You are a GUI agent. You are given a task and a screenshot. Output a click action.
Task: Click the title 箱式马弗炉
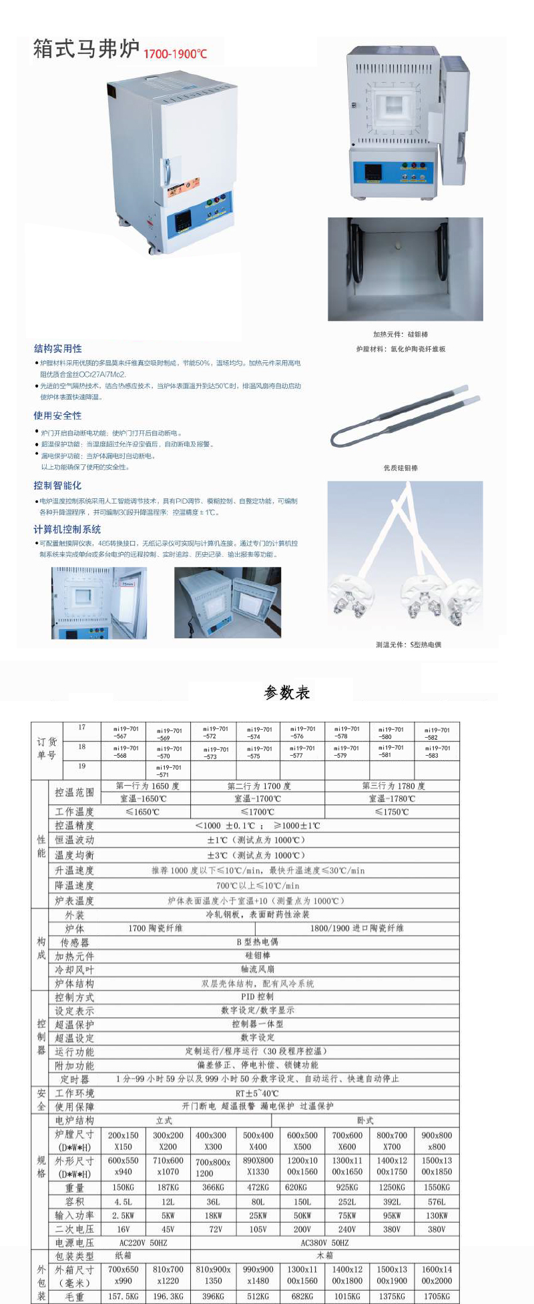pos(86,49)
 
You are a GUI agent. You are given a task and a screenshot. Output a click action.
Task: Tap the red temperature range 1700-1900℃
pos(176,53)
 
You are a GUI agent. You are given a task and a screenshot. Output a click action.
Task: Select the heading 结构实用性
pos(58,348)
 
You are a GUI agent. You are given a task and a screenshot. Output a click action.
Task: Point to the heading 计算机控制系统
pos(67,529)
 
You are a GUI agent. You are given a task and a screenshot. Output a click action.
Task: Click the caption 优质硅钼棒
pos(400,468)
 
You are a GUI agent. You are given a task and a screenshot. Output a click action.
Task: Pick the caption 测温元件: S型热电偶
pos(408,644)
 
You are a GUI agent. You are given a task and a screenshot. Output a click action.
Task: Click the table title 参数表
pos(287,692)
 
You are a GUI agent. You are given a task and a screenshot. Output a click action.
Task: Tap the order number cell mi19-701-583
pos(437,751)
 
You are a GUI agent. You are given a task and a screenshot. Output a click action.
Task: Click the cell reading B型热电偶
pos(257,942)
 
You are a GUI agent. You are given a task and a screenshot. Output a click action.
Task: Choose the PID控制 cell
pos(257,997)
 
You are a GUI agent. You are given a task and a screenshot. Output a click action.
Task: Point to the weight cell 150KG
pos(123,1187)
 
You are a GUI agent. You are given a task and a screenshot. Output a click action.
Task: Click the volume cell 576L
pos(437,1202)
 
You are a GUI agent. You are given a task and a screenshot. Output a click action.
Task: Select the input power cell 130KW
pos(437,1215)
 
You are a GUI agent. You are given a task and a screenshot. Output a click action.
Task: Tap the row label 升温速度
pos(74,870)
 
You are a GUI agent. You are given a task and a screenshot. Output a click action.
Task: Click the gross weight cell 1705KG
pos(437,1296)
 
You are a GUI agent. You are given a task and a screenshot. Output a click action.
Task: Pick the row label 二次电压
pos(74,1229)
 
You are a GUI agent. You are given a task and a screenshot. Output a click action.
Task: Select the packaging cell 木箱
pos(324,1255)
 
